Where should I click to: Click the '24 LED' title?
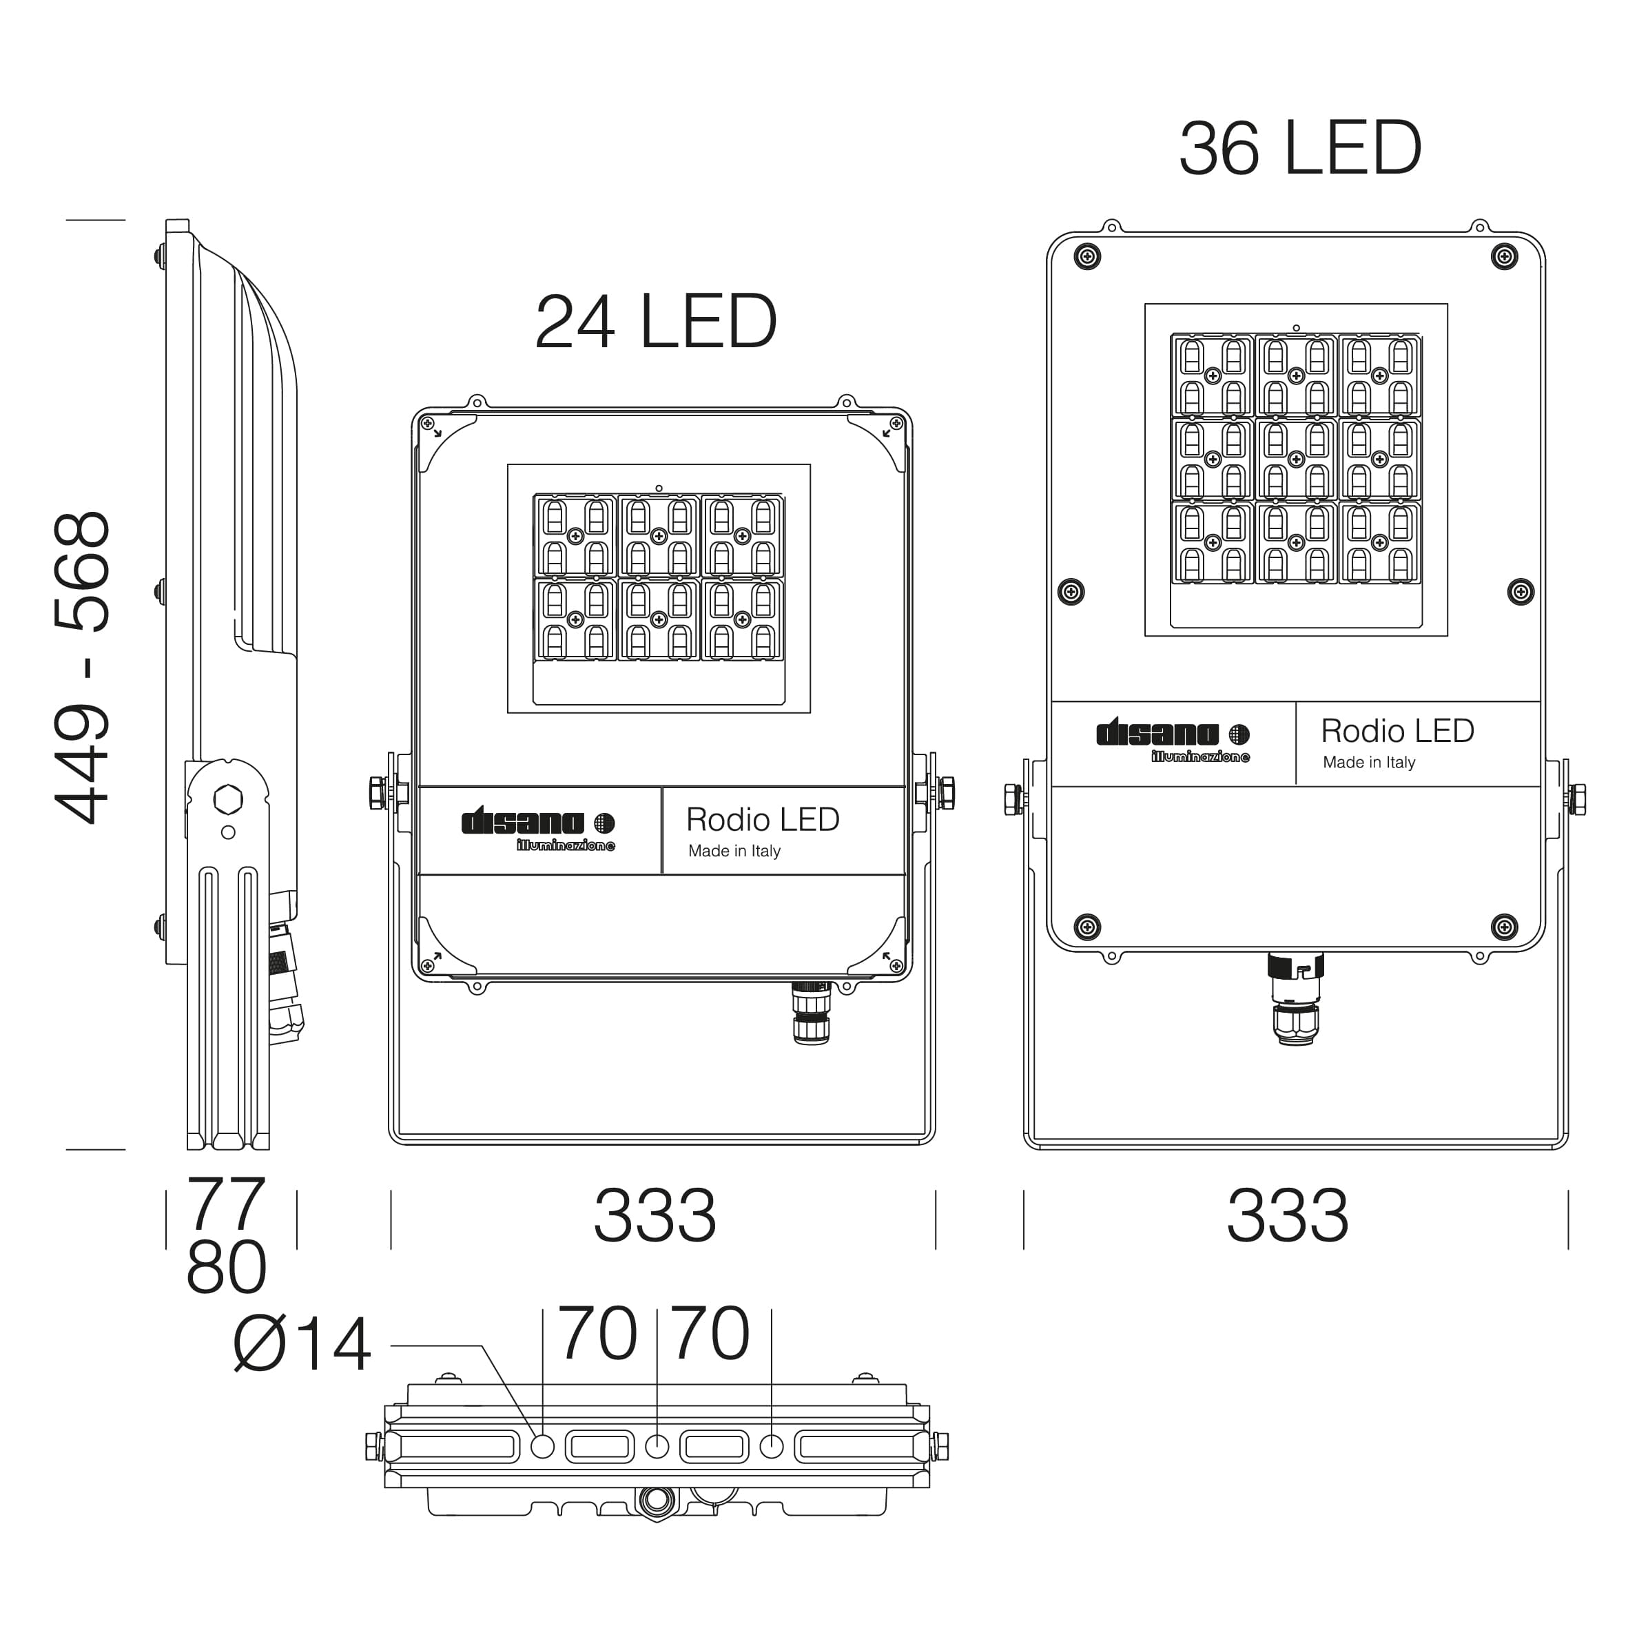(x=656, y=322)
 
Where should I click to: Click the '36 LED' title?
(x=1300, y=148)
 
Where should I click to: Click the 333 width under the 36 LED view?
(x=1288, y=1215)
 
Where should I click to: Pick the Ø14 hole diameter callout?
(x=302, y=1344)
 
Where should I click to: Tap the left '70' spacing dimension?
(x=597, y=1333)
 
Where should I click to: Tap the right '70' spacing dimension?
(x=711, y=1333)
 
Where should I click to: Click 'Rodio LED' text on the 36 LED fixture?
(x=1397, y=730)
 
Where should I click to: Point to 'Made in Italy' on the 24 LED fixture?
(x=734, y=851)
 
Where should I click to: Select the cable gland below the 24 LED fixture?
(x=812, y=1013)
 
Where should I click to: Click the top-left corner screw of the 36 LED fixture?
(x=1087, y=256)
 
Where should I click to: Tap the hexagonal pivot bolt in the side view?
(x=227, y=798)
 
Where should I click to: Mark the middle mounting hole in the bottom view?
(x=657, y=1447)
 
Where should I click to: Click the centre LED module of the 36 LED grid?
(x=1296, y=460)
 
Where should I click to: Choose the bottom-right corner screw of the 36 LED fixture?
(x=1504, y=927)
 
